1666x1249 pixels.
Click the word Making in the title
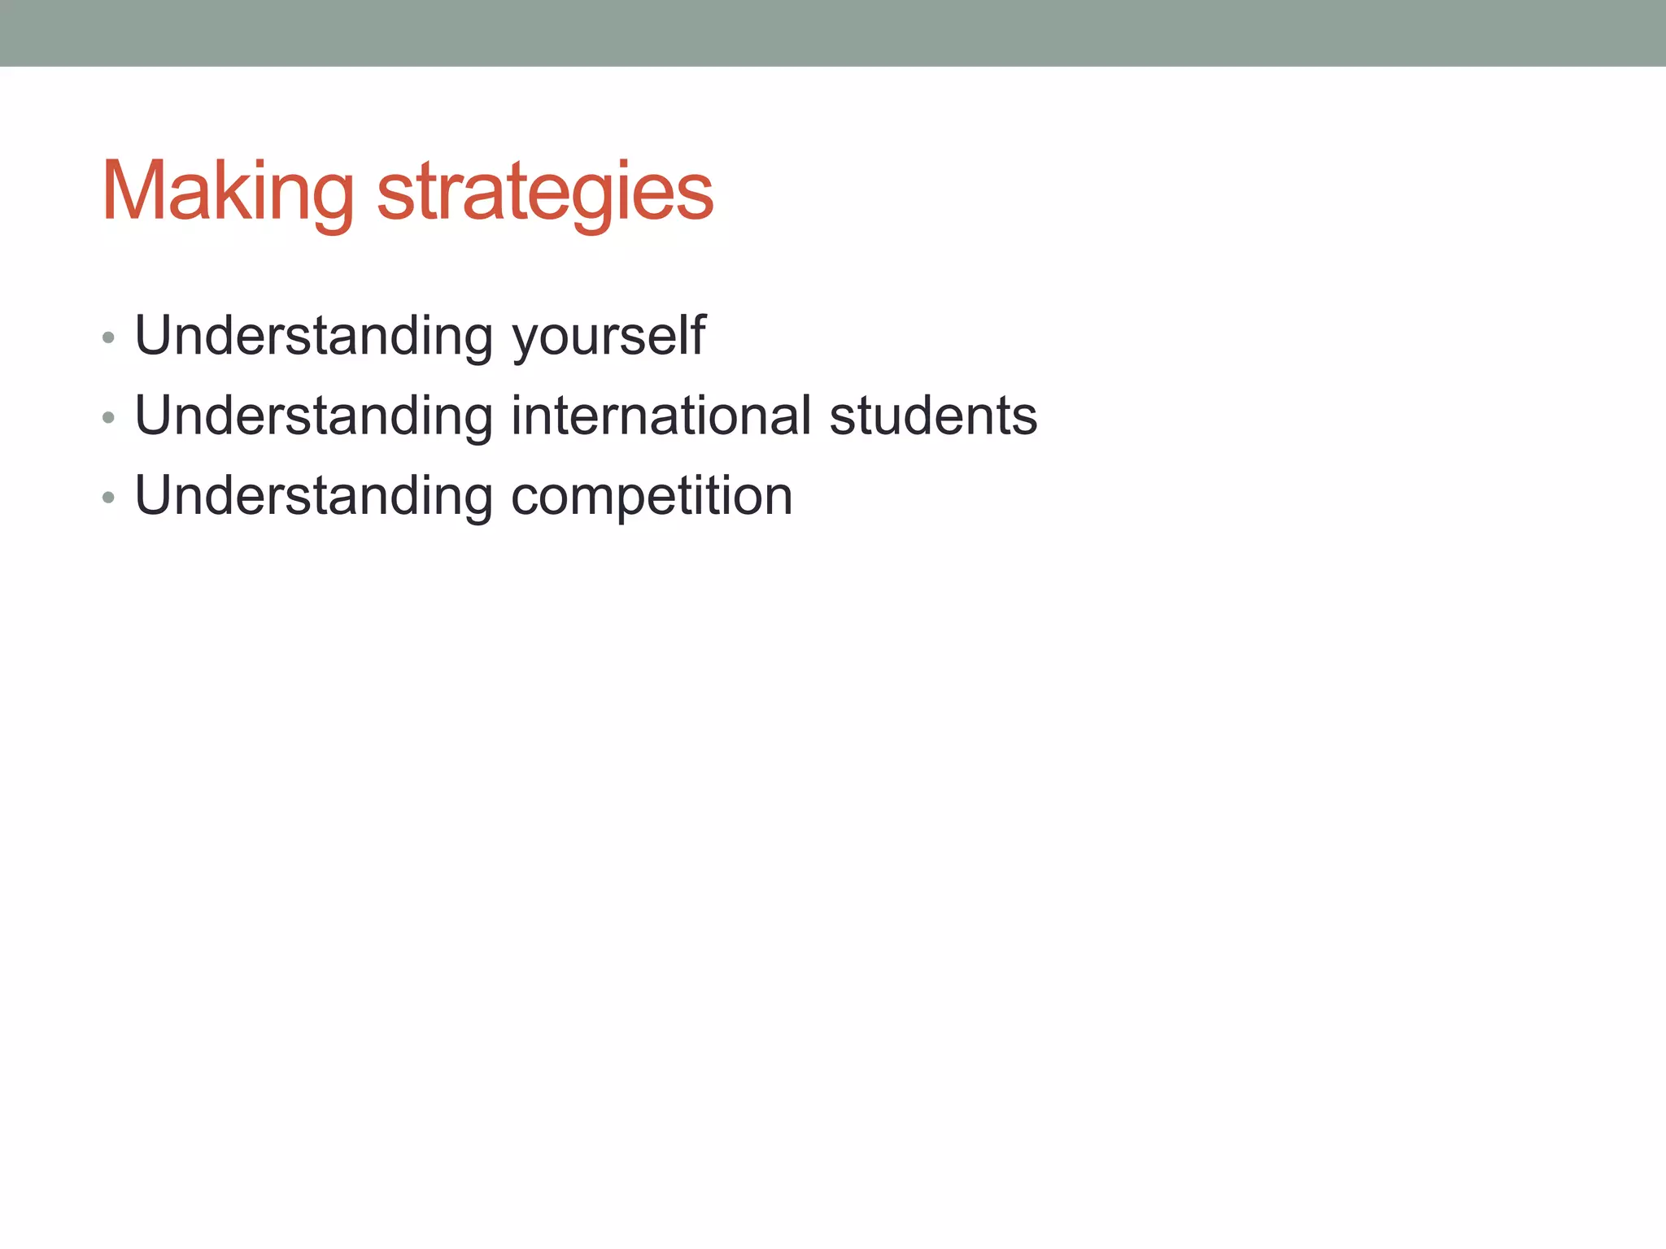coord(228,192)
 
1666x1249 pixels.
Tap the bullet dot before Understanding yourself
coord(108,337)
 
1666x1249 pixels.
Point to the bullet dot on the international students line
coord(108,418)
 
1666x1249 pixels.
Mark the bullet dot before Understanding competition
coord(108,498)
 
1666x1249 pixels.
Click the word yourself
coord(608,337)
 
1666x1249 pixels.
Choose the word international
coord(661,416)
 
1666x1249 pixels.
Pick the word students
coord(933,416)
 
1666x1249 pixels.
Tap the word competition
coord(651,496)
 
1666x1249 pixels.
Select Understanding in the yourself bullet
coord(314,337)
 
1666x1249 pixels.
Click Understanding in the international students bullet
coord(314,416)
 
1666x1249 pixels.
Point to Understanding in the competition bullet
coord(314,496)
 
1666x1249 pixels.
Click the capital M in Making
coord(133,190)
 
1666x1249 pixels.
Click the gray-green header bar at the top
coord(833,33)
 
